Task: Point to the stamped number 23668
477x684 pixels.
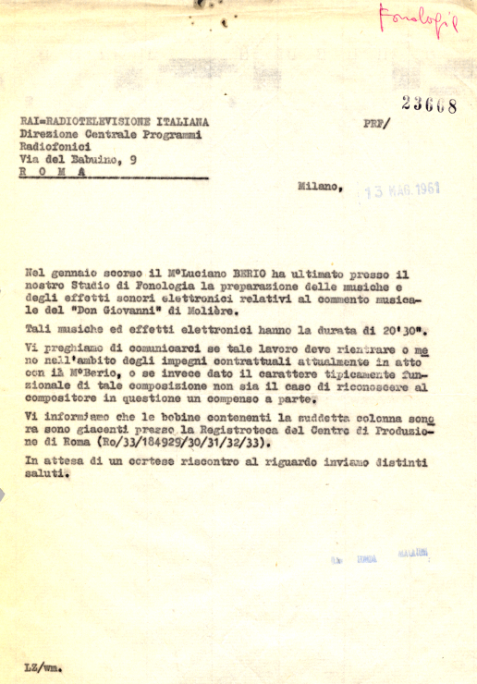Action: [x=429, y=105]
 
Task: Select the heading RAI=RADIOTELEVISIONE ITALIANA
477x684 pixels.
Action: [x=114, y=121]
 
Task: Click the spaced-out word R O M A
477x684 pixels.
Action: [x=54, y=172]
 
